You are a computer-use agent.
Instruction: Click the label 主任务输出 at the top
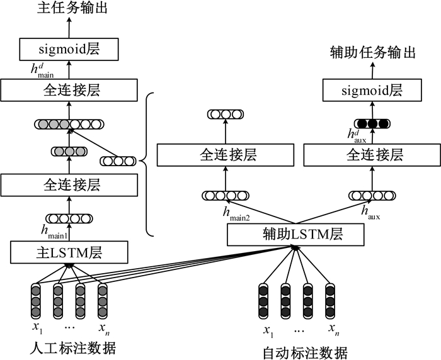click(70, 9)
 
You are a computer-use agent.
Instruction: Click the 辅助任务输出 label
click(373, 53)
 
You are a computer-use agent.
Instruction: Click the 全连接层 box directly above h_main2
click(224, 154)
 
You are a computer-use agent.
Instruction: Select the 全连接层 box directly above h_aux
click(371, 154)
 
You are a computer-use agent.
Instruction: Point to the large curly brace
click(147, 162)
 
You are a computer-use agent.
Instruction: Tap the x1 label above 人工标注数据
click(36, 329)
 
